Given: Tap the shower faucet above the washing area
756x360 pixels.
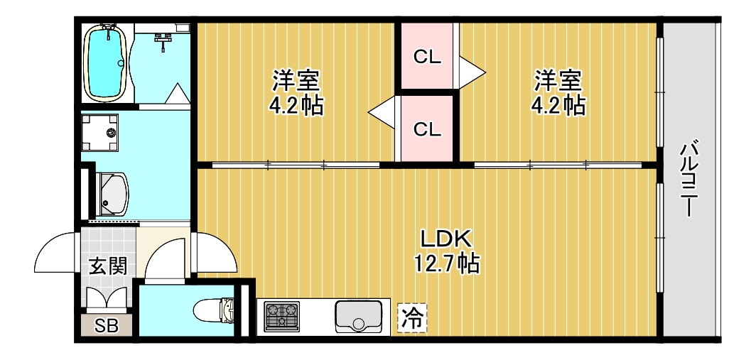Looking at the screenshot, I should click(165, 40).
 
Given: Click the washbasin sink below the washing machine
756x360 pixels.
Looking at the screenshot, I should click(113, 193).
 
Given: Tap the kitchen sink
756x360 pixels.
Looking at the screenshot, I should click(359, 316).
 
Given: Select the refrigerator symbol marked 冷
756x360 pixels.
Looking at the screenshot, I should click(412, 317).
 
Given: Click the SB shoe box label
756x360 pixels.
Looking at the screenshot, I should click(107, 326).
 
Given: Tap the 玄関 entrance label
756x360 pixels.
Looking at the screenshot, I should click(108, 266).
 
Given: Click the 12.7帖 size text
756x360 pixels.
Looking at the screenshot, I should click(445, 263).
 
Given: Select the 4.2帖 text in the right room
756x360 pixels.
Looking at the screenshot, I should click(558, 105).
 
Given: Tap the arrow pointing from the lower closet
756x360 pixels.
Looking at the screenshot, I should click(381, 111).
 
